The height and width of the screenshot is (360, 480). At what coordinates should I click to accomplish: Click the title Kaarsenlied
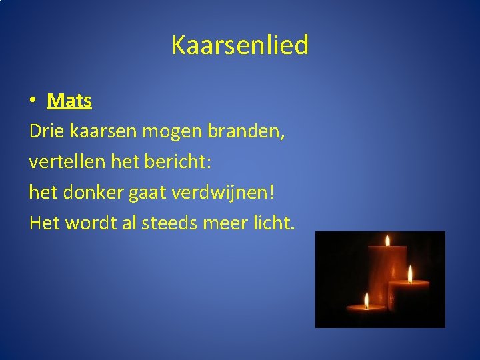240,45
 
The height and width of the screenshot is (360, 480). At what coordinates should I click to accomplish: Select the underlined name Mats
69,101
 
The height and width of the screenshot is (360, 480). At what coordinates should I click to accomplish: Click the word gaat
147,193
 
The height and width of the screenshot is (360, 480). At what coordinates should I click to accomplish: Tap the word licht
270,222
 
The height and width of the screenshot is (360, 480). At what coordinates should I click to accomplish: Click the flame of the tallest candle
387,240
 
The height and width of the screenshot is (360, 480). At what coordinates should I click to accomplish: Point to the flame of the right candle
410,274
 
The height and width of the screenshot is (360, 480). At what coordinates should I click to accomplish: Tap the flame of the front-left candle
366,300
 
